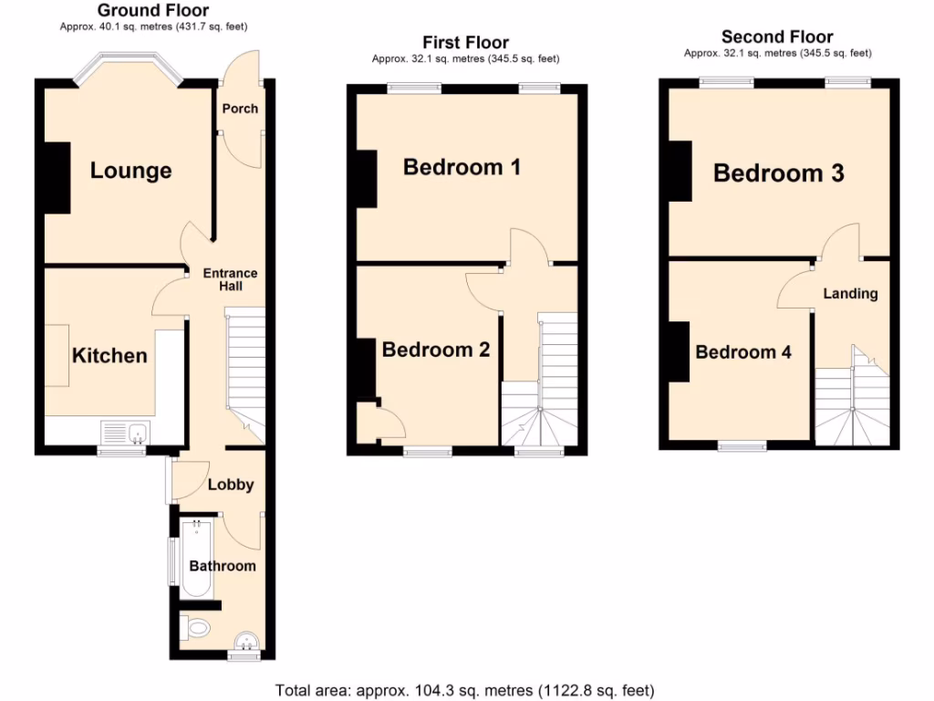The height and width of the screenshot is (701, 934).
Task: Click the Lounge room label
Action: click(130, 171)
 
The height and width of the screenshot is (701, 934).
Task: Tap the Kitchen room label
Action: click(109, 355)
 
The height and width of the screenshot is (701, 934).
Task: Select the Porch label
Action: click(240, 109)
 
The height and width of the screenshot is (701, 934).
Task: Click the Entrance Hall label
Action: click(230, 279)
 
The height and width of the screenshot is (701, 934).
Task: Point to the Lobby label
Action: click(230, 485)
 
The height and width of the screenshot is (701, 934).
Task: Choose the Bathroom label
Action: click(223, 566)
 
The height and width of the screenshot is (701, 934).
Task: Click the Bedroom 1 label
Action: click(462, 167)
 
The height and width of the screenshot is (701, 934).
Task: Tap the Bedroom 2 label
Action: click(436, 350)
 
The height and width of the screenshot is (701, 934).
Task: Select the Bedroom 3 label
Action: click(778, 173)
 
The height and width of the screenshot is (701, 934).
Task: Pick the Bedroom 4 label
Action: click(743, 352)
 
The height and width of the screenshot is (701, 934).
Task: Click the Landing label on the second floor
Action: click(850, 294)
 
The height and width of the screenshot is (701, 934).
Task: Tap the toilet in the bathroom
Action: click(195, 627)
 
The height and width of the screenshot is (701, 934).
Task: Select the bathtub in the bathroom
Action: click(195, 558)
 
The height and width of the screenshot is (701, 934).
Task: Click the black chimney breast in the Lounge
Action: click(57, 178)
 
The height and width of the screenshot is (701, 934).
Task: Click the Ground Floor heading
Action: click(153, 11)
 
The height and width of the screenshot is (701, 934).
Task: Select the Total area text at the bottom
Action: click(464, 690)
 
